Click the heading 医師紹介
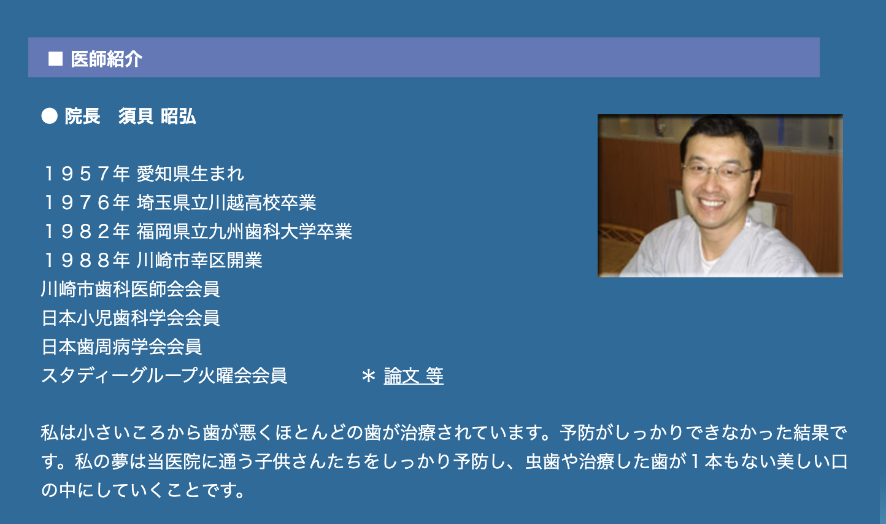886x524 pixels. click(106, 58)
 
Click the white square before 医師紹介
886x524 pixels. click(56, 58)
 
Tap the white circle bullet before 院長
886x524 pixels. click(50, 115)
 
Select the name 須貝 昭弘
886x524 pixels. click(157, 116)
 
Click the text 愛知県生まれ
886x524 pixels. click(190, 174)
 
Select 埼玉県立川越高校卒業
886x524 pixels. click(226, 202)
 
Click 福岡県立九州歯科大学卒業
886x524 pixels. click(244, 231)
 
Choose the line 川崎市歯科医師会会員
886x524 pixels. click(130, 289)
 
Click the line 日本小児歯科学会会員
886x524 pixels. click(130, 318)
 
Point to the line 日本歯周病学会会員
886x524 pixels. click(121, 347)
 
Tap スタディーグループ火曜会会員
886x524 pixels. click(164, 376)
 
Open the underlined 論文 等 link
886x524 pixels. click(413, 376)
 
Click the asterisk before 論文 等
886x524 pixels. click(368, 376)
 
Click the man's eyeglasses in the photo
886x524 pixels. click(716, 169)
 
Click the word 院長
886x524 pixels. click(82, 116)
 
